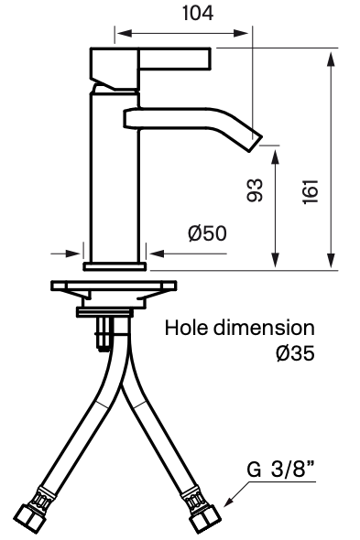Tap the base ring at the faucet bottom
point(115,266)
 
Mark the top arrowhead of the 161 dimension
point(328,55)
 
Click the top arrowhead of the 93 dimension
point(274,155)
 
